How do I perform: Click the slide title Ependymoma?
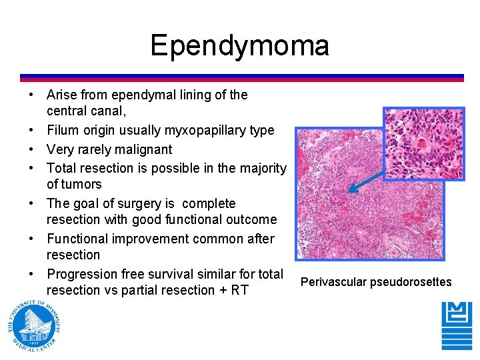tap(239, 46)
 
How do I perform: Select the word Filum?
tap(62, 131)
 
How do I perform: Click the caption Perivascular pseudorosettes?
tap(376, 282)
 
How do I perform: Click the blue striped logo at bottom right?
tap(457, 326)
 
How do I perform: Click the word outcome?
tap(249, 219)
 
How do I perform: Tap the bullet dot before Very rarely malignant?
tap(33, 149)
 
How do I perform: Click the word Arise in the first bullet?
tap(62, 95)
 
